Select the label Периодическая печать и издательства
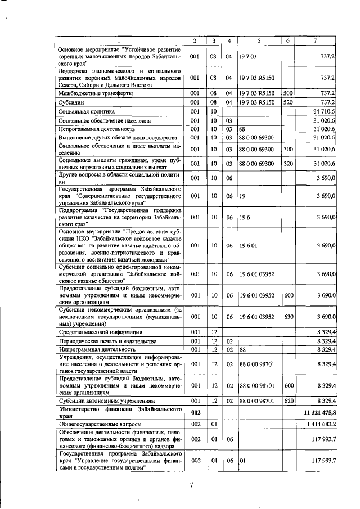click(106, 341)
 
